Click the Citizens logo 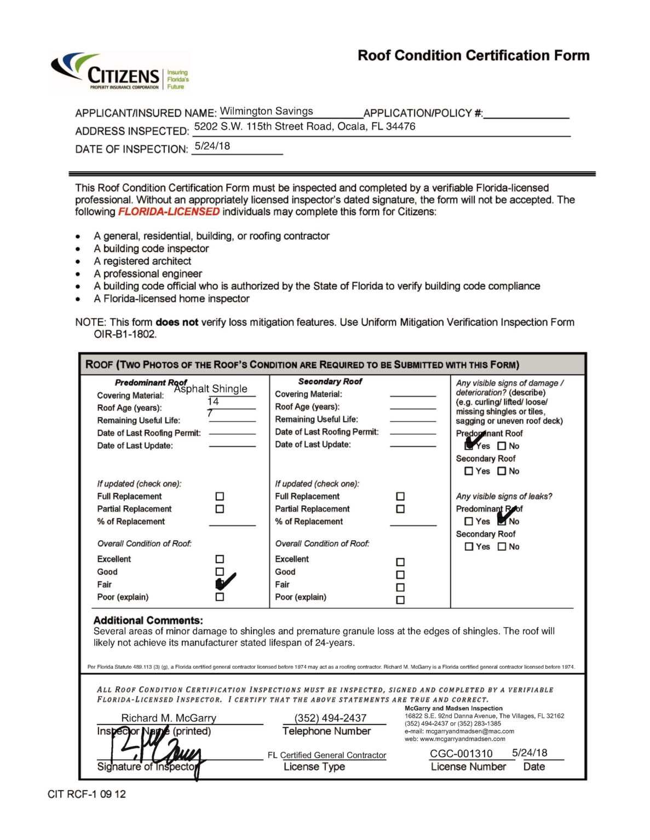click(120, 72)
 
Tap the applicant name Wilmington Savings click(266, 111)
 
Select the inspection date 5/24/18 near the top click(212, 146)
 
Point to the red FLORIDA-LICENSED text click(169, 212)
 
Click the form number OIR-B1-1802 click(125, 334)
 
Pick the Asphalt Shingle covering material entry click(211, 389)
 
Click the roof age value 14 click(213, 401)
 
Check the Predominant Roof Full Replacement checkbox click(220, 497)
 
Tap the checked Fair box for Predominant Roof click(220, 584)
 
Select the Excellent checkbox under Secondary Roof click(400, 562)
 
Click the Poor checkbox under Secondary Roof click(400, 600)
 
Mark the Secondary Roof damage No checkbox click(502, 471)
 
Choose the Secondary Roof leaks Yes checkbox click(469, 547)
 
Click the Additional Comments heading click(148, 620)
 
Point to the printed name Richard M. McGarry click(169, 718)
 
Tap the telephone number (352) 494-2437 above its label click(330, 718)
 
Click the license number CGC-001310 click(461, 754)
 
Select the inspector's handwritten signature click(156, 752)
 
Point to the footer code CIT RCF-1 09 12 click(87, 794)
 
